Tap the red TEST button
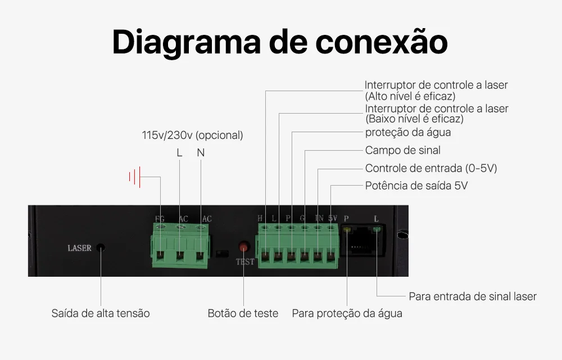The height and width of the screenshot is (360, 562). tap(244, 247)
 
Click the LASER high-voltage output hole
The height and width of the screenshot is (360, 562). tap(101, 247)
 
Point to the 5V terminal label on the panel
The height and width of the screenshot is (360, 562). tap(332, 218)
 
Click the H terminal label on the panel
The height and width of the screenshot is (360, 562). tap(260, 218)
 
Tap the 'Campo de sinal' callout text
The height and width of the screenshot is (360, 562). tap(402, 150)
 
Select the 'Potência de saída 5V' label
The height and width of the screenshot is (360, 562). tap(416, 186)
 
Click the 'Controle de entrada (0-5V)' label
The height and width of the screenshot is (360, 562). tap(431, 168)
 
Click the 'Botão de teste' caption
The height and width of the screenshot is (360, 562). tap(243, 313)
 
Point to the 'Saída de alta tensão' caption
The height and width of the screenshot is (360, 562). tap(101, 313)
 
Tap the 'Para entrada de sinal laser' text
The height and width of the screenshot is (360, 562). tap(473, 296)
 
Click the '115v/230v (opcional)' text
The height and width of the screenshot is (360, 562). tap(192, 136)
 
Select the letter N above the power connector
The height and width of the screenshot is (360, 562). tap(201, 153)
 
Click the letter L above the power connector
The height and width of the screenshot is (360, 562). tap(179, 153)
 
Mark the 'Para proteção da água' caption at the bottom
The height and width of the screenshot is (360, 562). tap(347, 313)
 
